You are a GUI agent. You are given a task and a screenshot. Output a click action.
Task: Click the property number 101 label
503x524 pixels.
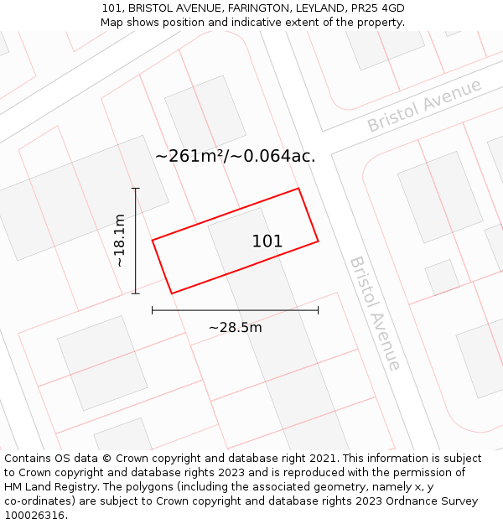click(x=267, y=241)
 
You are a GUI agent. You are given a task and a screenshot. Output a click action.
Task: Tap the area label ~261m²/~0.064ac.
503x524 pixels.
click(x=236, y=155)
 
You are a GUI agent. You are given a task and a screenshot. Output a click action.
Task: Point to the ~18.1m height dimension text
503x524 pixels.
click(x=120, y=241)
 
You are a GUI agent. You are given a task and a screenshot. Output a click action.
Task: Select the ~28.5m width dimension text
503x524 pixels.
click(x=235, y=328)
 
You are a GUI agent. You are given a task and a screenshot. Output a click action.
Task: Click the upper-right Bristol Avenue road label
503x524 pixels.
click(x=424, y=106)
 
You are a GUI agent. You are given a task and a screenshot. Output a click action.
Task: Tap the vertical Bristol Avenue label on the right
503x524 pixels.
click(x=375, y=313)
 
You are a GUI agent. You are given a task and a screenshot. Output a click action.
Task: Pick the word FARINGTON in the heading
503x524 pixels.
click(x=255, y=8)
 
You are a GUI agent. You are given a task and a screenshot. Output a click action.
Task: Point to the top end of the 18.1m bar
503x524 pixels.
click(x=136, y=189)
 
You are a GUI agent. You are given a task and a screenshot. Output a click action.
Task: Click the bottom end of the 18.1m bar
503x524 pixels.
click(x=136, y=293)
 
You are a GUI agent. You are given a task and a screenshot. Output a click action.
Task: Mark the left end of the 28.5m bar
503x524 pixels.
click(x=153, y=310)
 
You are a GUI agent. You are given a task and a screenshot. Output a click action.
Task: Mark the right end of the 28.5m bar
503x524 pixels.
click(x=318, y=310)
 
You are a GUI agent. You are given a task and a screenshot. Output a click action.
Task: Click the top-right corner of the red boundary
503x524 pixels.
click(x=298, y=189)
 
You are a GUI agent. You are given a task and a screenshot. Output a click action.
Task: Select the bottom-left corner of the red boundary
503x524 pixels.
click(x=172, y=293)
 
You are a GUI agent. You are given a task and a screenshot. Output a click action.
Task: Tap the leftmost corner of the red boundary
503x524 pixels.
click(x=153, y=241)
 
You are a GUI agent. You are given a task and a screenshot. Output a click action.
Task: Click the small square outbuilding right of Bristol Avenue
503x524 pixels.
click(x=442, y=277)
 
